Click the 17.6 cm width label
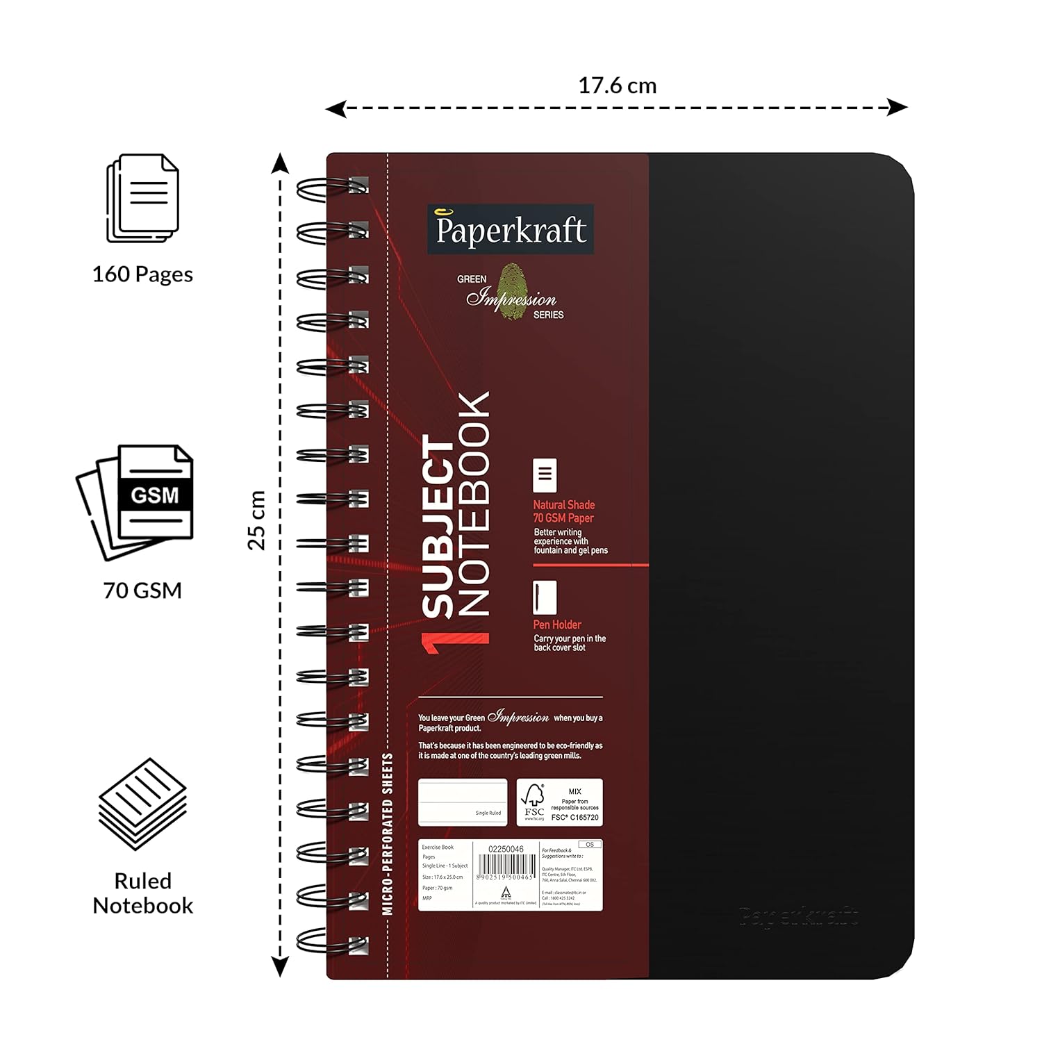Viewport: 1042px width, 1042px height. (x=617, y=86)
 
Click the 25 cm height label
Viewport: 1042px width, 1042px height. (x=257, y=520)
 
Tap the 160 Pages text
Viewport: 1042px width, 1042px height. (x=142, y=274)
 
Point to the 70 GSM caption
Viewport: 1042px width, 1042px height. (x=142, y=590)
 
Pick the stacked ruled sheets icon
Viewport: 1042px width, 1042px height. (x=142, y=804)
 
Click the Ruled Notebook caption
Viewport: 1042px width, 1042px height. (x=142, y=893)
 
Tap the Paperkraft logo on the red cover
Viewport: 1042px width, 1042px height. (x=511, y=229)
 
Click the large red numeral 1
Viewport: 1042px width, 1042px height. (x=455, y=643)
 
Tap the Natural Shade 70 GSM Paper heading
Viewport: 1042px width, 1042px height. (x=563, y=511)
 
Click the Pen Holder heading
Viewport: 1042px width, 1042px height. (x=557, y=625)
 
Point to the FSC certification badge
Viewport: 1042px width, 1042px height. (x=559, y=802)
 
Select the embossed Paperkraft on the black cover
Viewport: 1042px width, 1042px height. (x=799, y=917)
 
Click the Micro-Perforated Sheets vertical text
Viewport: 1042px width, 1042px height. (x=388, y=834)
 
